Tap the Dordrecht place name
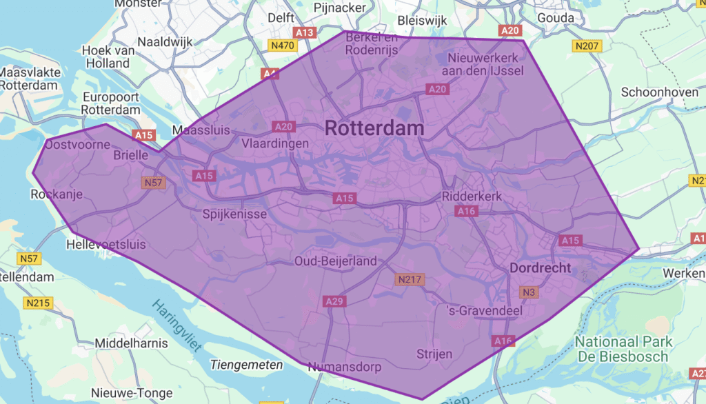click(541, 267)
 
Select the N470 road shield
click(282, 46)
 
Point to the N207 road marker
click(587, 46)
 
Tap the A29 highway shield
click(334, 301)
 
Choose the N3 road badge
click(528, 292)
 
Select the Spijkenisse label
click(234, 214)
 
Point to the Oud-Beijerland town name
click(336, 261)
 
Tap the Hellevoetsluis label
click(106, 245)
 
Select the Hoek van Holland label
click(105, 57)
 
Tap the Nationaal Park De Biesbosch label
click(622, 349)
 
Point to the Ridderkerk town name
click(472, 196)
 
